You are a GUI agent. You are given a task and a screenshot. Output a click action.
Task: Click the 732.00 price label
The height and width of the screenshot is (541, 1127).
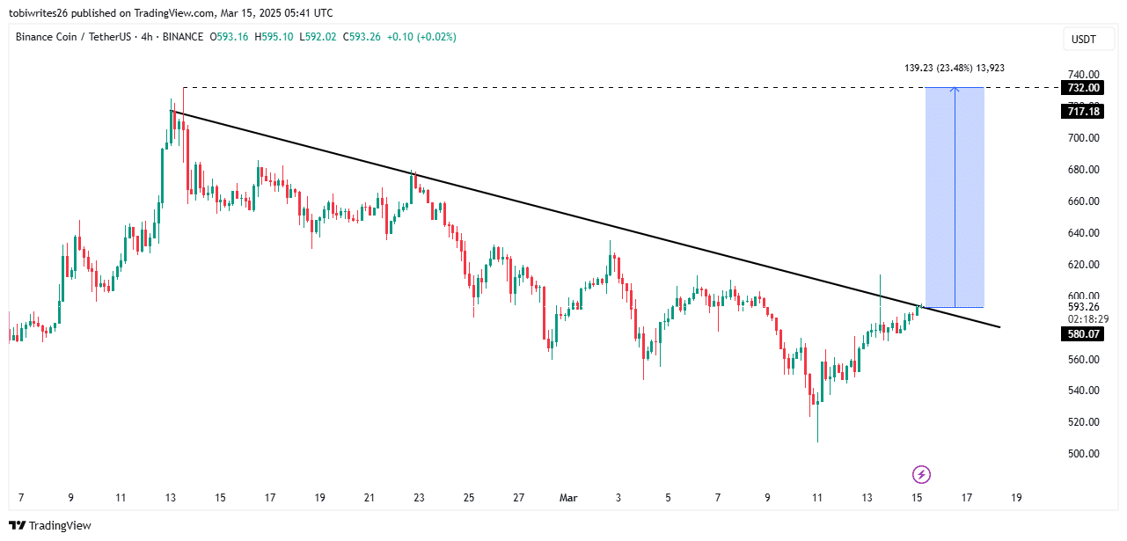click(1084, 88)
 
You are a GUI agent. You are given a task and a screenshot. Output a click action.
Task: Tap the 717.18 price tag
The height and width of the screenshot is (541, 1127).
click(1084, 112)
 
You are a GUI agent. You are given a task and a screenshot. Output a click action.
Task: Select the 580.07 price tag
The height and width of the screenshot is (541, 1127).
click(1084, 334)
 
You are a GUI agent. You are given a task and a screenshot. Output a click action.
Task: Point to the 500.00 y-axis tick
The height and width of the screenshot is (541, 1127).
click(1084, 454)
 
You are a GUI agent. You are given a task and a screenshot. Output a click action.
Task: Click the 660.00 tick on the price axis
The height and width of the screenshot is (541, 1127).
click(1084, 201)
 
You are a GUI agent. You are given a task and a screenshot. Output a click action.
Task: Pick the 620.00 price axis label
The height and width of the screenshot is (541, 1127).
click(1084, 265)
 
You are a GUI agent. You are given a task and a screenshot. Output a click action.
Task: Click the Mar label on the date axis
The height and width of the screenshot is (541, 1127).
click(568, 498)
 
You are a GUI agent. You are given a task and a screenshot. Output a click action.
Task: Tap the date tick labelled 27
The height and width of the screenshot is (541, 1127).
click(519, 498)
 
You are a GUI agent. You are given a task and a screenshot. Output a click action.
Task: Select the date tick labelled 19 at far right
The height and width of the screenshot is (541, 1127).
click(1016, 498)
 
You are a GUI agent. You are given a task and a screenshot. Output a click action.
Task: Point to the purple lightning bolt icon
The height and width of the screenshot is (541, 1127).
click(921, 475)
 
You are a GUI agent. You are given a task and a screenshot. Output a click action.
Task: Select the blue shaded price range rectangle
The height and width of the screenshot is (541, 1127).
click(955, 197)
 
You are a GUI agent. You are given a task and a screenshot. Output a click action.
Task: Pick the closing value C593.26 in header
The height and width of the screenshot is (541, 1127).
click(362, 37)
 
